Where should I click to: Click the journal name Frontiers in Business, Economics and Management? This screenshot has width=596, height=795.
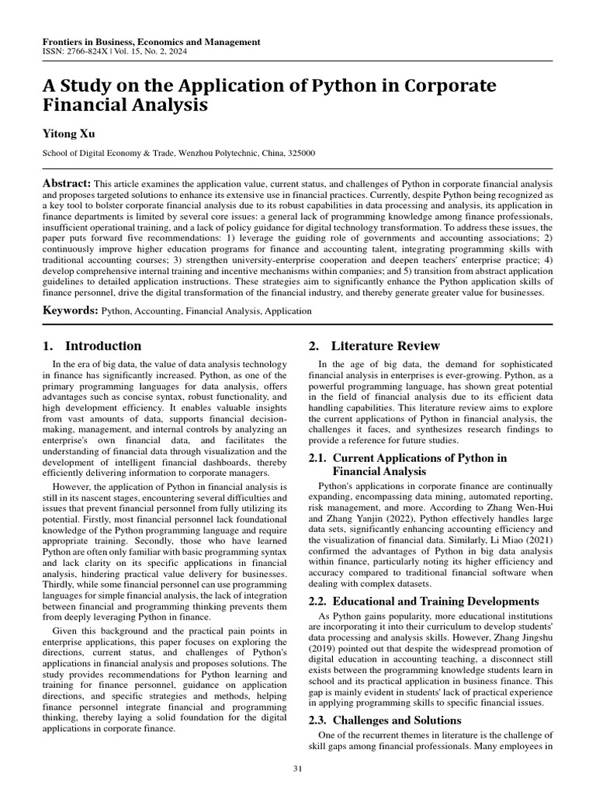(151, 41)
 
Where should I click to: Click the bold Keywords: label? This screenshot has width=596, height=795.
(71, 310)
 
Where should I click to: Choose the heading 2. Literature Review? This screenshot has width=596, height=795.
(375, 346)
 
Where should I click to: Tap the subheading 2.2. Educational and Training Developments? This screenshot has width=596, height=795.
(423, 601)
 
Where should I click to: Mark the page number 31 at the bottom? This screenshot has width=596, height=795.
(298, 769)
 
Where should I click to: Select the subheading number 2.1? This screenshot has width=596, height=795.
(317, 458)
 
